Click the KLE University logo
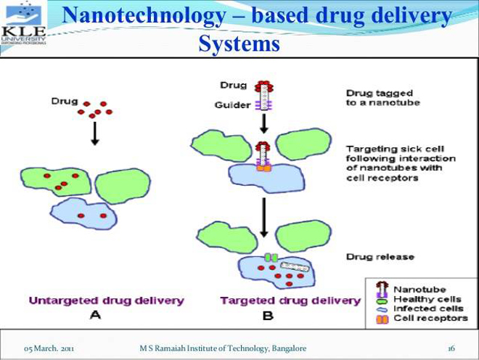[24, 24]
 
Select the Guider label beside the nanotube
[232, 105]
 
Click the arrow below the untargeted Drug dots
[94, 134]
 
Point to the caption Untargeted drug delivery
[106, 300]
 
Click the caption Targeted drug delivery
[290, 300]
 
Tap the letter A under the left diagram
[95, 316]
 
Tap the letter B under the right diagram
[267, 316]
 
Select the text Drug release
[380, 257]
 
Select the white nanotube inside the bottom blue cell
[295, 267]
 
